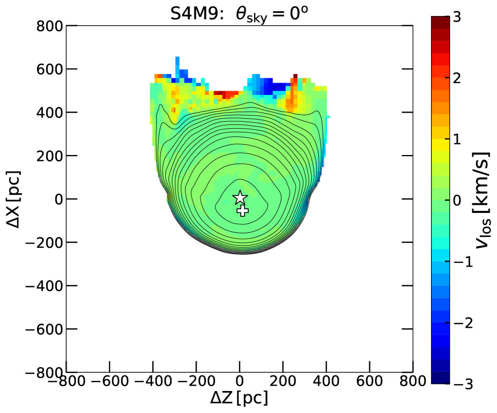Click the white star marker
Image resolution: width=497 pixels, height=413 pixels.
tap(240, 197)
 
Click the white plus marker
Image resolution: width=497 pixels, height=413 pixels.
tap(242, 211)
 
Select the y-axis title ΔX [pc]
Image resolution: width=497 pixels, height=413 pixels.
tap(13, 200)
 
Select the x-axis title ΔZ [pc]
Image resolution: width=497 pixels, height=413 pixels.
tap(239, 398)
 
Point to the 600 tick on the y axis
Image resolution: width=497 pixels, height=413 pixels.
tap(72, 69)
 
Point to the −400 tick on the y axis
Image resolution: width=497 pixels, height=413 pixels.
tap(72, 285)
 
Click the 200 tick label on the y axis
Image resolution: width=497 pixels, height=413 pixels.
tap(49, 156)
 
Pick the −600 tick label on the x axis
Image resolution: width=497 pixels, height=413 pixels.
tap(110, 381)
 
